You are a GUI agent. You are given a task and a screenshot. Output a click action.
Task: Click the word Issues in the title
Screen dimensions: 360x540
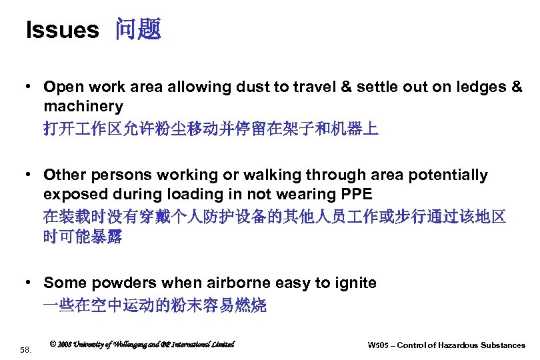coord(61,30)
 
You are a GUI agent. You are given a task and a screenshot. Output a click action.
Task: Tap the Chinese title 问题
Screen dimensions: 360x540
coord(138,29)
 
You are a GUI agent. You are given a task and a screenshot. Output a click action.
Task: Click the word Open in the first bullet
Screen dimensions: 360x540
coord(61,87)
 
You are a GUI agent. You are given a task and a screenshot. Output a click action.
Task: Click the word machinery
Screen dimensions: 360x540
coord(83,106)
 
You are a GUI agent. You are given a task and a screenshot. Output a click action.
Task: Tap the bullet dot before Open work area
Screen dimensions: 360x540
coord(31,87)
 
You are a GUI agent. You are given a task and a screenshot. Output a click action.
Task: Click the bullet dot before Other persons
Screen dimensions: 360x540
coord(31,175)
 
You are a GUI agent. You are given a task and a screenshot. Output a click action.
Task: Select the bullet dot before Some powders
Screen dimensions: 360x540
coord(31,283)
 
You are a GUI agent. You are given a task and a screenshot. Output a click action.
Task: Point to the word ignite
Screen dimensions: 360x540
coord(353,283)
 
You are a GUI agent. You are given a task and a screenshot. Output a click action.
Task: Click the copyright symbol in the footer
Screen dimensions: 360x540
coord(53,344)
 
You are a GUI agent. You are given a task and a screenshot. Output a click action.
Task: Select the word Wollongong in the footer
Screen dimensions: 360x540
coord(133,344)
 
